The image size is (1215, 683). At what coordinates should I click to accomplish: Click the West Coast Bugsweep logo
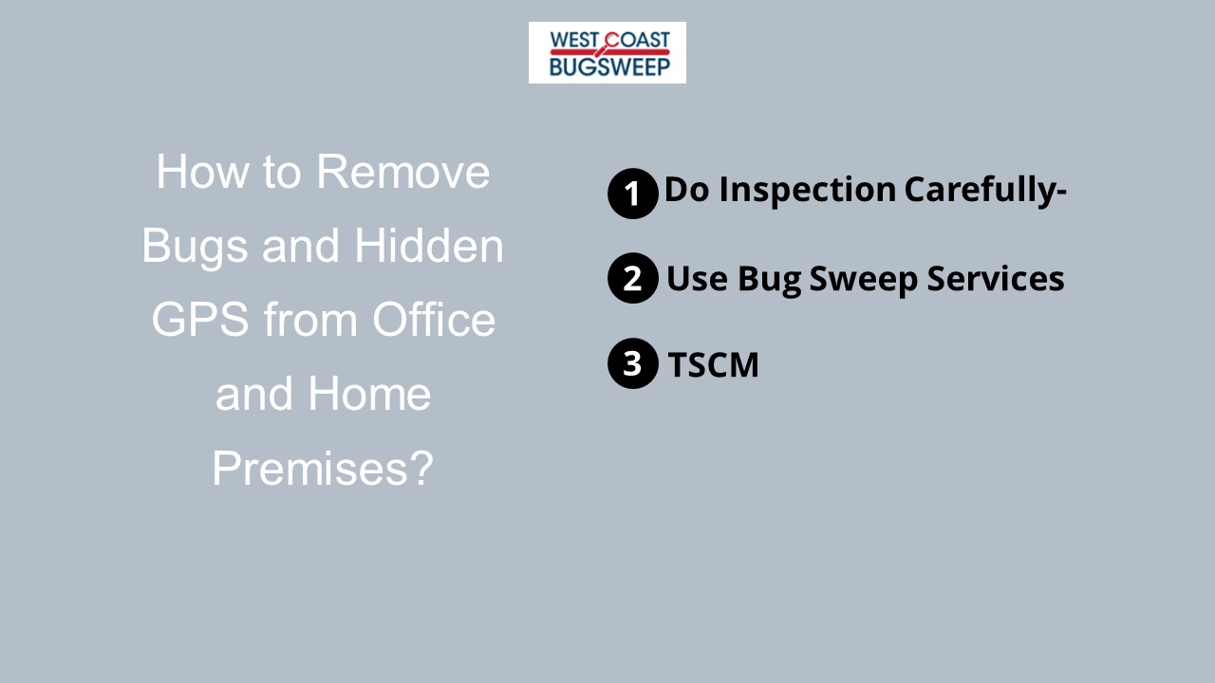[x=607, y=52]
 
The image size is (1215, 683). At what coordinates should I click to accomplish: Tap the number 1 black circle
[x=632, y=194]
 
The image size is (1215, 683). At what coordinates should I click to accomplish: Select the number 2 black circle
[x=632, y=278]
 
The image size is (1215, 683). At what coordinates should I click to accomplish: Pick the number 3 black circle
[x=632, y=363]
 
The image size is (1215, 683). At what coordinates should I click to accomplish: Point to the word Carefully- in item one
[x=985, y=191]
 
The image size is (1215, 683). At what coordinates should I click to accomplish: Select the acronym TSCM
[x=713, y=365]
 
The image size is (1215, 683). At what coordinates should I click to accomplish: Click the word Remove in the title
[x=403, y=172]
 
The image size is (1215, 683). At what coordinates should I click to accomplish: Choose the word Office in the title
[x=434, y=320]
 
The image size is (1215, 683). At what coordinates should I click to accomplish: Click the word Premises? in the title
[x=322, y=469]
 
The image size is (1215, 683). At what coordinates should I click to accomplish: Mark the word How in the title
[x=195, y=172]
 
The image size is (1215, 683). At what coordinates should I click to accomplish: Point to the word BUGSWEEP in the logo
[x=609, y=65]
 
